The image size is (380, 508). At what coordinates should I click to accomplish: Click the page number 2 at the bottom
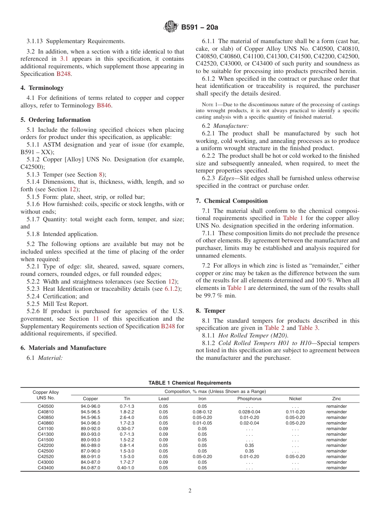point(190,491)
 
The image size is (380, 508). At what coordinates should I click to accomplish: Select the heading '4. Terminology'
point(42,88)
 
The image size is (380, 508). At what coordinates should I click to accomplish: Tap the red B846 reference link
point(104,105)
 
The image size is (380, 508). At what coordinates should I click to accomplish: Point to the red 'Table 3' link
point(308,328)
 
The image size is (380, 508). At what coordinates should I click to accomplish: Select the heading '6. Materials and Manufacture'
point(63,348)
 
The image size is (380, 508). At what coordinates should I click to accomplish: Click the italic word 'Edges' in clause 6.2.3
point(226,178)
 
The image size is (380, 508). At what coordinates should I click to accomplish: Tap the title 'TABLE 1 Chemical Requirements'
point(190,383)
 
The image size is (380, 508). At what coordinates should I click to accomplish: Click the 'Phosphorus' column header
point(249,399)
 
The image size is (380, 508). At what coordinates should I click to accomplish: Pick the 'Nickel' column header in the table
point(295,399)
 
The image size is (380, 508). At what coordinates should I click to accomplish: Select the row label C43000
point(46,462)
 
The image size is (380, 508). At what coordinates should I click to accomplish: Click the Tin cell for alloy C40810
point(127,412)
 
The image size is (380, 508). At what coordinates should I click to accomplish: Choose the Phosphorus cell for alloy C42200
point(249,445)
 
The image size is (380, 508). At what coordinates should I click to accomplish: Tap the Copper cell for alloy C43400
point(90,468)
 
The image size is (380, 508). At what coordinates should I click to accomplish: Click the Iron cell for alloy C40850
point(202,417)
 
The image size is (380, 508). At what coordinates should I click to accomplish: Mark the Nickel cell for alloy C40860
point(295,423)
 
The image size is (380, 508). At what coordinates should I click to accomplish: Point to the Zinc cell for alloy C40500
point(336,406)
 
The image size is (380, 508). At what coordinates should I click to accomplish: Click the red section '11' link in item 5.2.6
point(96,319)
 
